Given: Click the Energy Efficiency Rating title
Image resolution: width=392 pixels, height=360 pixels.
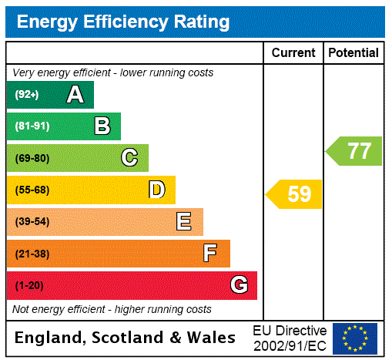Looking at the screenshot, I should pos(122,22).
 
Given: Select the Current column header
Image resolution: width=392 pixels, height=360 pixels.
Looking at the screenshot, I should pos(293,53).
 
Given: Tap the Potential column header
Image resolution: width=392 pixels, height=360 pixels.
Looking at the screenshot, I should pos(353,53).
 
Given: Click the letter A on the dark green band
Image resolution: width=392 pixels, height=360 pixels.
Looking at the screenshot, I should pos(75,95).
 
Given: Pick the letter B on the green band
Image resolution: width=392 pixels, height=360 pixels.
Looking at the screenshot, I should pos(102,126).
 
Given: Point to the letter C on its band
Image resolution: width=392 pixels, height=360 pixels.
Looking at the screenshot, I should pos(129,158).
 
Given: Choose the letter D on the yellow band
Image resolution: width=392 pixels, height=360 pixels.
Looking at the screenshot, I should pos(157,190).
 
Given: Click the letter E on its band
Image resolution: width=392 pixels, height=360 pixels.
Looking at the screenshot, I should pos(184,222).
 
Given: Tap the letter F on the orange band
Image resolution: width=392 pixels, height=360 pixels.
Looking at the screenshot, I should pos(210,254).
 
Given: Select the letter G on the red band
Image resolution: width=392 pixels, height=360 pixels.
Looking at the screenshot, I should pos(239,285).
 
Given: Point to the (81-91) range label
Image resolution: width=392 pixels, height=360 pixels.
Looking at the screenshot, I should pos(32,126).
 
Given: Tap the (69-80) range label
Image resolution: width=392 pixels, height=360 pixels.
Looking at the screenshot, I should pos(32,158).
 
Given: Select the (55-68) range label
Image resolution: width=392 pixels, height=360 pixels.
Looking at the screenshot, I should pos(32,190).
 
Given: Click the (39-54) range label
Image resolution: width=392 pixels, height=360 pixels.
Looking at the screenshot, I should pos(32,222).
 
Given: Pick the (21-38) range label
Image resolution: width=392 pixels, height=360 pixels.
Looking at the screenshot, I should pos(32,254).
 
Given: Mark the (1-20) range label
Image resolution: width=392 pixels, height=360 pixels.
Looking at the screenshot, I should pos(29,285).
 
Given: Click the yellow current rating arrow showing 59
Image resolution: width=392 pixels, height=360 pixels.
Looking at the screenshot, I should pos(294,194).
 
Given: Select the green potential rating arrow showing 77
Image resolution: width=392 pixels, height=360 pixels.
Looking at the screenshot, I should pos(354,150).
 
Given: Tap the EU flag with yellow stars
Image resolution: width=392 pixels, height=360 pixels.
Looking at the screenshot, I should pos(355,338).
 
